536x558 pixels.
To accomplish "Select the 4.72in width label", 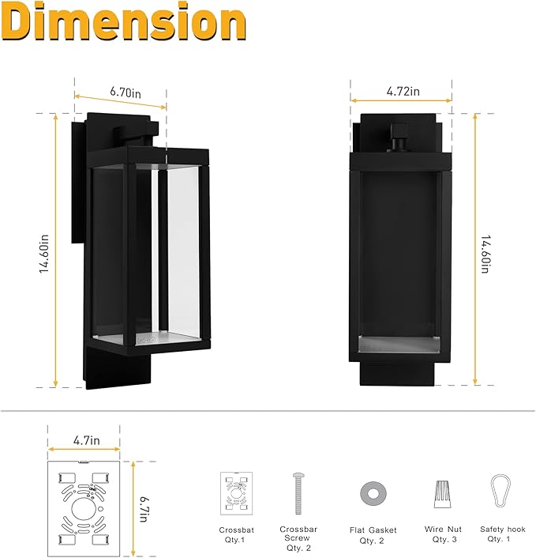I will (403, 92).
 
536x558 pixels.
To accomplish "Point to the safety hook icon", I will (500, 492).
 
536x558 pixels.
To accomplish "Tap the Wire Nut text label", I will (443, 530).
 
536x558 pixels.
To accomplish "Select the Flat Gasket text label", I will (373, 530).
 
